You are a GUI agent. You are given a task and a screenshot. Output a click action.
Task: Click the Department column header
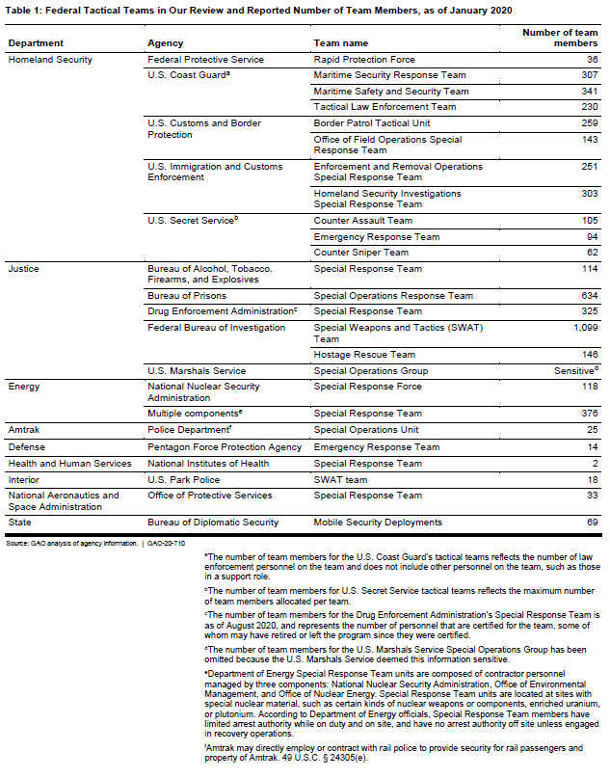point(36,43)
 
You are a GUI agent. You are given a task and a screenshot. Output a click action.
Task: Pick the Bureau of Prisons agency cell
point(188,296)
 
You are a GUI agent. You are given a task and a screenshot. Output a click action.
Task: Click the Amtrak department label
point(24,432)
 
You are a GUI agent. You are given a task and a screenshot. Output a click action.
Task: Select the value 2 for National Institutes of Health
point(595,464)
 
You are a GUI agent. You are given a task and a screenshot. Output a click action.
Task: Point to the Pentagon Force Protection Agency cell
point(225,447)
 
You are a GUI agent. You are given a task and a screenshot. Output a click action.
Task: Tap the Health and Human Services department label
point(69,464)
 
